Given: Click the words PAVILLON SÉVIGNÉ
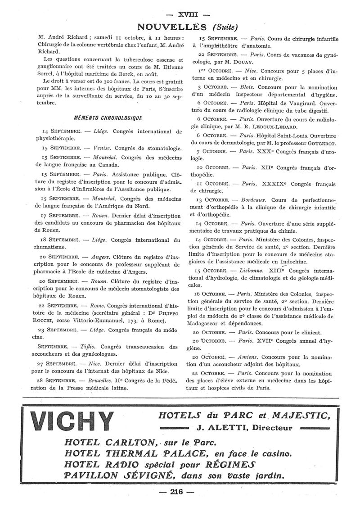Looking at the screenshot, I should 117,475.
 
